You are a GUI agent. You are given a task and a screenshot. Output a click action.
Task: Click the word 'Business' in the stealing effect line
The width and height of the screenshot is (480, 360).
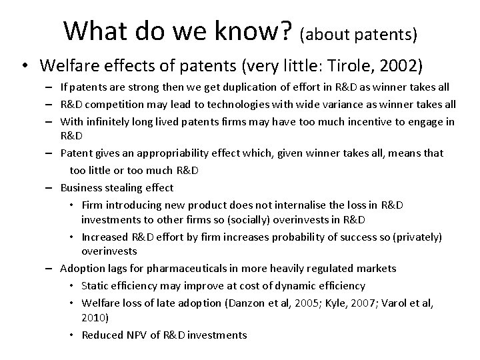81,187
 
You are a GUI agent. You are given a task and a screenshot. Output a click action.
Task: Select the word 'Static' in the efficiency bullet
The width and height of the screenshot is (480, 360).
95,285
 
